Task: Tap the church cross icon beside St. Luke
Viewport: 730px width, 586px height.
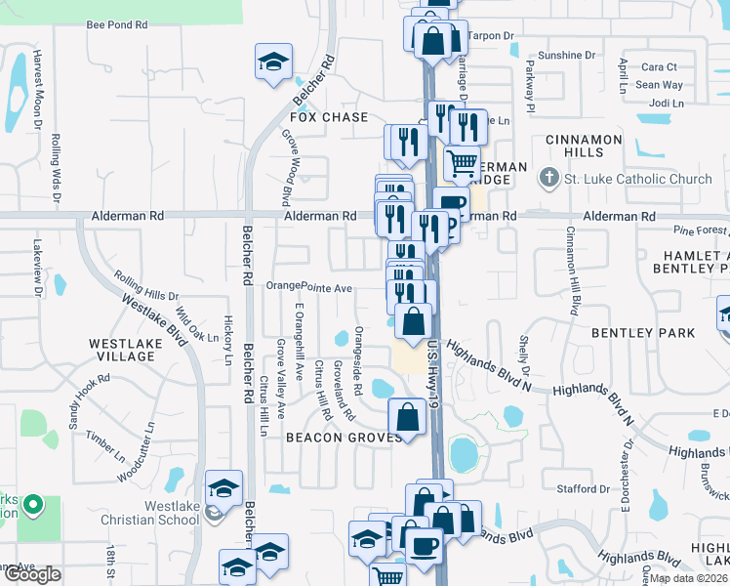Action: point(548,179)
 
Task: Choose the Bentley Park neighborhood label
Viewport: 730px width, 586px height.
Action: point(643,333)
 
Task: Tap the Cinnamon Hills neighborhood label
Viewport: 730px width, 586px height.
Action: point(584,146)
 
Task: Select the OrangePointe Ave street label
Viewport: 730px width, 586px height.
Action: point(309,288)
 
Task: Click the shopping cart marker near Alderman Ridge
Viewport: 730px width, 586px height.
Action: point(462,161)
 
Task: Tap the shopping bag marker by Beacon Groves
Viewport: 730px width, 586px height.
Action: point(406,417)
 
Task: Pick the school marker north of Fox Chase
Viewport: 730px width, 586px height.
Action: point(274,62)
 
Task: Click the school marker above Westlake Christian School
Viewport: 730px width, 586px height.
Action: point(223,487)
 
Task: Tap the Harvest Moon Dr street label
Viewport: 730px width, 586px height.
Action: point(37,89)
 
